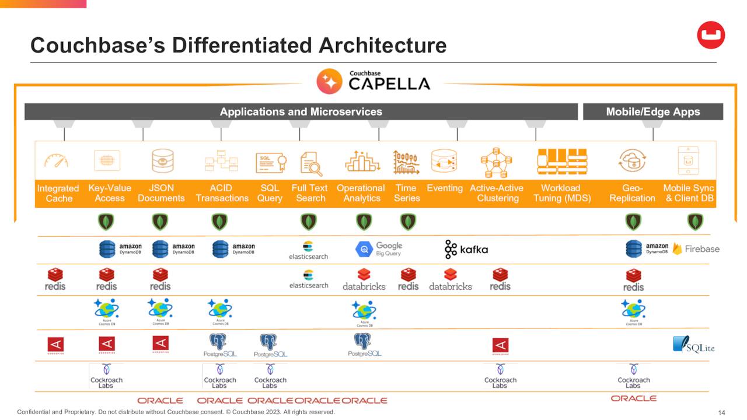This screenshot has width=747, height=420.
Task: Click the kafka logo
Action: coord(466,249)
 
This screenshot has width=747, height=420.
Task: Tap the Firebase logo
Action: coord(696,249)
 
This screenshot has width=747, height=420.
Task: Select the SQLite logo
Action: coord(693,345)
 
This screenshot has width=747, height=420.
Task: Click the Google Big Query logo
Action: coord(379,249)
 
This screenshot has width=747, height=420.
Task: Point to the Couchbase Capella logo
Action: coord(373,81)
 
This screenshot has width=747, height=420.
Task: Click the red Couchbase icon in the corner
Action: coord(711,35)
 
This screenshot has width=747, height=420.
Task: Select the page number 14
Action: coord(721,413)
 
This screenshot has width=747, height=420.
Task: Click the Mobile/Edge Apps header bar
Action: coord(652,111)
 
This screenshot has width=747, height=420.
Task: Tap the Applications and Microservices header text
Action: coord(301,111)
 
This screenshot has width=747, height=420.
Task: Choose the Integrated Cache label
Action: coord(58,193)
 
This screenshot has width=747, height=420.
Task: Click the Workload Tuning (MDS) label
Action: coord(561,193)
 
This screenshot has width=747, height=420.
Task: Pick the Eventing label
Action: coord(445,188)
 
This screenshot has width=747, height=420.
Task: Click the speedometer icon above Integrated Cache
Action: coord(57,161)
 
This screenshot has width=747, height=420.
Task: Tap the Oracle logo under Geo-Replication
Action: coord(633,398)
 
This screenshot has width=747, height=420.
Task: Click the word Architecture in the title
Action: coord(383,45)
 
